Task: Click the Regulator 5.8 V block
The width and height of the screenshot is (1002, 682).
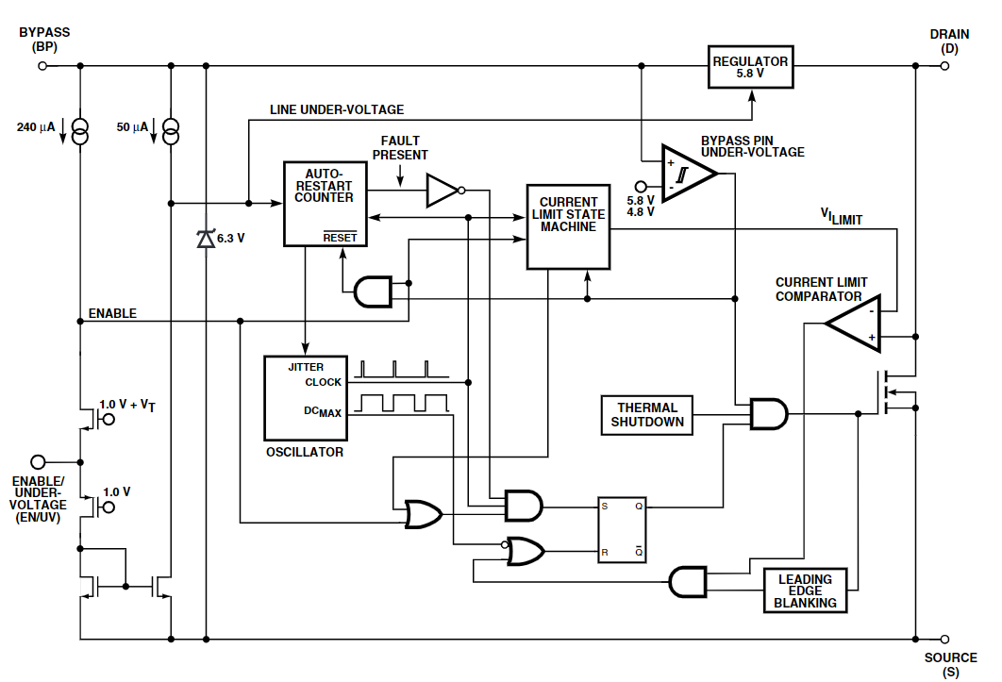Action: [750, 67]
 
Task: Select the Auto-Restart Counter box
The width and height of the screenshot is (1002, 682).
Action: [326, 204]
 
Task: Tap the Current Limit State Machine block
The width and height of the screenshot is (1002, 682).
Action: [568, 227]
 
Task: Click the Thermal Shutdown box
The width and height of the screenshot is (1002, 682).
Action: [646, 415]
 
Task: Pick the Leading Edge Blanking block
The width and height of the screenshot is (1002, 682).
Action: [805, 591]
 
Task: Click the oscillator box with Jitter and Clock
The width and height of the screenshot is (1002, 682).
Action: [306, 398]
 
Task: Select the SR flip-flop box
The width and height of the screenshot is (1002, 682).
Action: [622, 530]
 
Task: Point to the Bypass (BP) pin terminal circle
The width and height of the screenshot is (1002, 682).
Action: [42, 66]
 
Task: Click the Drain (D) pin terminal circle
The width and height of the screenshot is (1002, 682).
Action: [944, 66]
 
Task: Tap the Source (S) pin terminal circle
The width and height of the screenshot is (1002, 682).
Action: [944, 640]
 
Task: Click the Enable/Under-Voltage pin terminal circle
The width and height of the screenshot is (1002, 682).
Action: [39, 462]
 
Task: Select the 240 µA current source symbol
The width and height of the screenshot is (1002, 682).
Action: [80, 132]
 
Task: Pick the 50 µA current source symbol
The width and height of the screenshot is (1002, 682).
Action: [171, 132]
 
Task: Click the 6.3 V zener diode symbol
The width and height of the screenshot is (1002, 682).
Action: [206, 239]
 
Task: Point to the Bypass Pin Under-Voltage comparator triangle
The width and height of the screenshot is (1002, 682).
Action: [689, 174]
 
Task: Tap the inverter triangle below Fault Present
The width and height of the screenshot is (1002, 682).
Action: [443, 191]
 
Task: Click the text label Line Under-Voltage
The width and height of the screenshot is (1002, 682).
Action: [337, 110]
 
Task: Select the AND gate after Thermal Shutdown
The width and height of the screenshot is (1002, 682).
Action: [769, 413]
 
